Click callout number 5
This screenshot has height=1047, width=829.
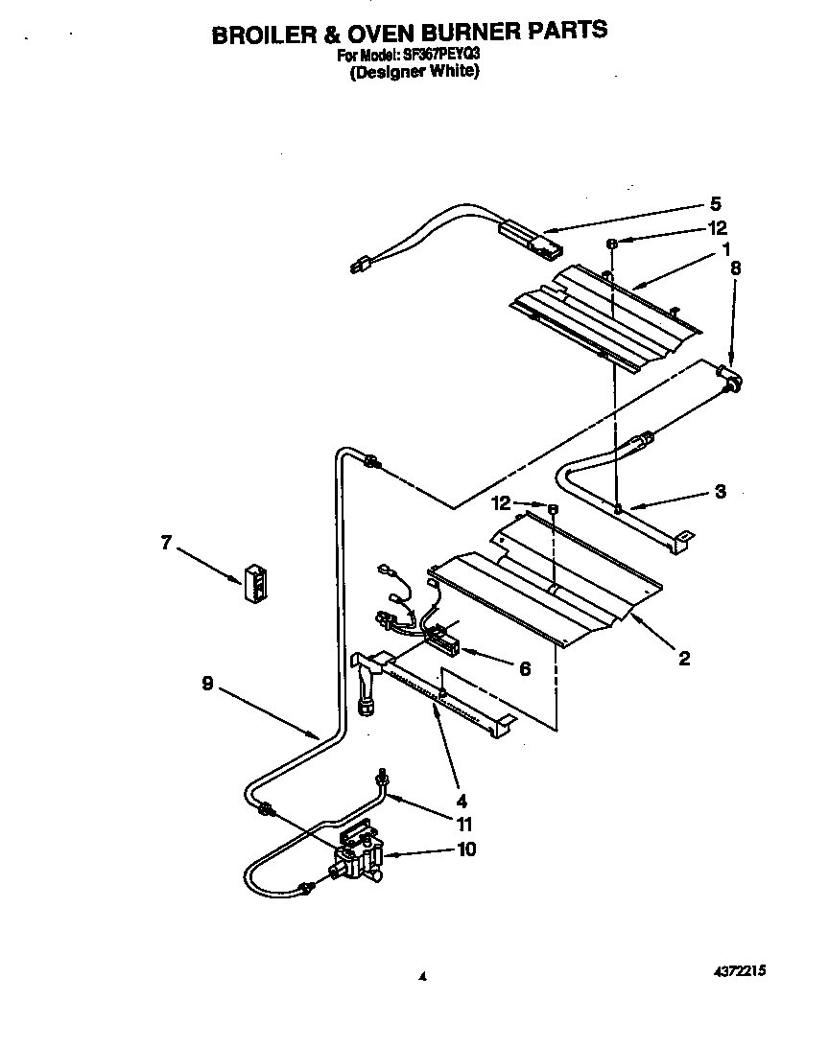tap(715, 203)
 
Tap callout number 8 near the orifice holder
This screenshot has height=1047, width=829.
tap(736, 268)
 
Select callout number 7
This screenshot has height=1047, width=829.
tap(165, 543)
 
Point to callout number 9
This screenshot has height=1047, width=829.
tap(206, 686)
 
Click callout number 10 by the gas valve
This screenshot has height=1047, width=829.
tap(466, 849)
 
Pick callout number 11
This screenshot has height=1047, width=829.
tap(465, 823)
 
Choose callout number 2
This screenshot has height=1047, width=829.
tap(683, 659)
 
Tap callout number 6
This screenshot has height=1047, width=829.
tap(524, 669)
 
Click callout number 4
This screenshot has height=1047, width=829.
tap(462, 800)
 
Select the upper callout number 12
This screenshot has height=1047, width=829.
tap(717, 228)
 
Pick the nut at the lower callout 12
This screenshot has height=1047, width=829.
tap(554, 506)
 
